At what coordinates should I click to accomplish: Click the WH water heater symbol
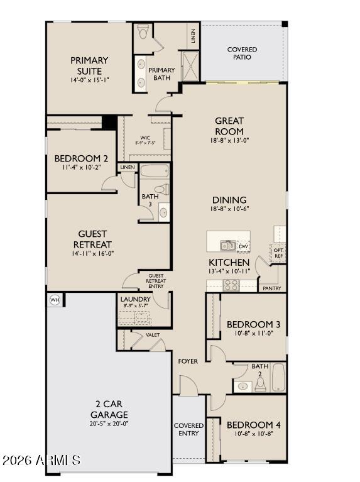pyautogui.click(x=55, y=300)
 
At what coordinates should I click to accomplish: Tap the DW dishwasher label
pyautogui.click(x=243, y=246)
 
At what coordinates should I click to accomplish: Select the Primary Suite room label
pyautogui.click(x=89, y=65)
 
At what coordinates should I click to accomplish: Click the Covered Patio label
pyautogui.click(x=242, y=53)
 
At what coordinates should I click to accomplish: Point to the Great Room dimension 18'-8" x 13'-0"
pyautogui.click(x=229, y=141)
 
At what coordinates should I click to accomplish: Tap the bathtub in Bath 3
pyautogui.click(x=155, y=171)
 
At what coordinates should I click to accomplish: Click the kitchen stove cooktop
pyautogui.click(x=231, y=285)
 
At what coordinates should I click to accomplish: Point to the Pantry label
pyautogui.click(x=271, y=288)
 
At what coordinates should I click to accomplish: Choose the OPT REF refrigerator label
pyautogui.click(x=278, y=253)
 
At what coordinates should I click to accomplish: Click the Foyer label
pyautogui.click(x=188, y=361)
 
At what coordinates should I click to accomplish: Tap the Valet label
pyautogui.click(x=153, y=335)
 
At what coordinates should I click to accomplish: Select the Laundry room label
pyautogui.click(x=135, y=299)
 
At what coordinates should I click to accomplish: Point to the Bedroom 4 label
pyautogui.click(x=253, y=424)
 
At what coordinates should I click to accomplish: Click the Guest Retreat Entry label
pyautogui.click(x=156, y=281)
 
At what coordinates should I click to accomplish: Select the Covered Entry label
pyautogui.click(x=188, y=429)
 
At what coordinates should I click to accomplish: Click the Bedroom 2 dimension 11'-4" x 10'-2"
pyautogui.click(x=82, y=168)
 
